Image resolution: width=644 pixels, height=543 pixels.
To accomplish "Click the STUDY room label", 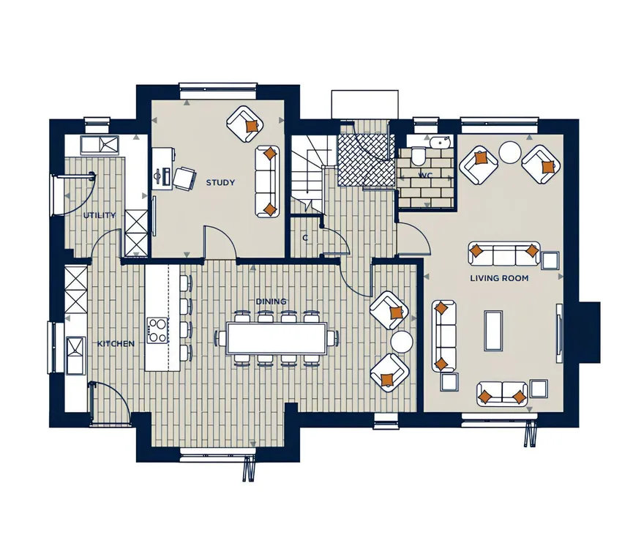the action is pyautogui.click(x=220, y=182).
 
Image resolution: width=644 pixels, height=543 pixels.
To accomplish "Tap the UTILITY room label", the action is pyautogui.click(x=100, y=215).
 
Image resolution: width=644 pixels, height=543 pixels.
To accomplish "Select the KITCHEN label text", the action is pyautogui.click(x=116, y=343).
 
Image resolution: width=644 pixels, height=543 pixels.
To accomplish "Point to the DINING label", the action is pyautogui.click(x=271, y=302).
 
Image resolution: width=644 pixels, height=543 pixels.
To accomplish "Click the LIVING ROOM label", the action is pyautogui.click(x=499, y=278).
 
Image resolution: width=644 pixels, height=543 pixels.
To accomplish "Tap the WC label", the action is pyautogui.click(x=425, y=176).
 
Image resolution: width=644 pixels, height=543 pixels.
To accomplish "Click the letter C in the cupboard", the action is pyautogui.click(x=305, y=238).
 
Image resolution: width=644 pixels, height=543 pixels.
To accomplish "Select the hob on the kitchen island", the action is pyautogui.click(x=158, y=330).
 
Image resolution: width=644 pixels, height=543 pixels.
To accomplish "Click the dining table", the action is pyautogui.click(x=277, y=338).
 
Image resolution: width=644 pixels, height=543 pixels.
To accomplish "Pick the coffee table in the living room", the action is pyautogui.click(x=493, y=331).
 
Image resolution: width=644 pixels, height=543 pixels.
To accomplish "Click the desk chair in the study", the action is pyautogui.click(x=184, y=179).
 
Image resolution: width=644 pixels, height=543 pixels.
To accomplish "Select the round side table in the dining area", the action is pyautogui.click(x=402, y=341).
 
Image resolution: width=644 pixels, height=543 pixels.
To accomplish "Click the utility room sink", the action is pyautogui.click(x=100, y=145).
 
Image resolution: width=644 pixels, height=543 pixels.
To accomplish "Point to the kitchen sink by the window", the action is pyautogui.click(x=76, y=355).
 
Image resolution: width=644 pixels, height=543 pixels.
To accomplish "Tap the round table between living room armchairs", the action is pyautogui.click(x=510, y=152).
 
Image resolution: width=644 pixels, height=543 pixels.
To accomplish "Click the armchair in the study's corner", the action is pyautogui.click(x=244, y=124).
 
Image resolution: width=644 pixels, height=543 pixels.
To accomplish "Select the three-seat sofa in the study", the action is pyautogui.click(x=267, y=181).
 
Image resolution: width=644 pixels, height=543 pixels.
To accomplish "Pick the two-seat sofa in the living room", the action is pyautogui.click(x=502, y=394).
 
